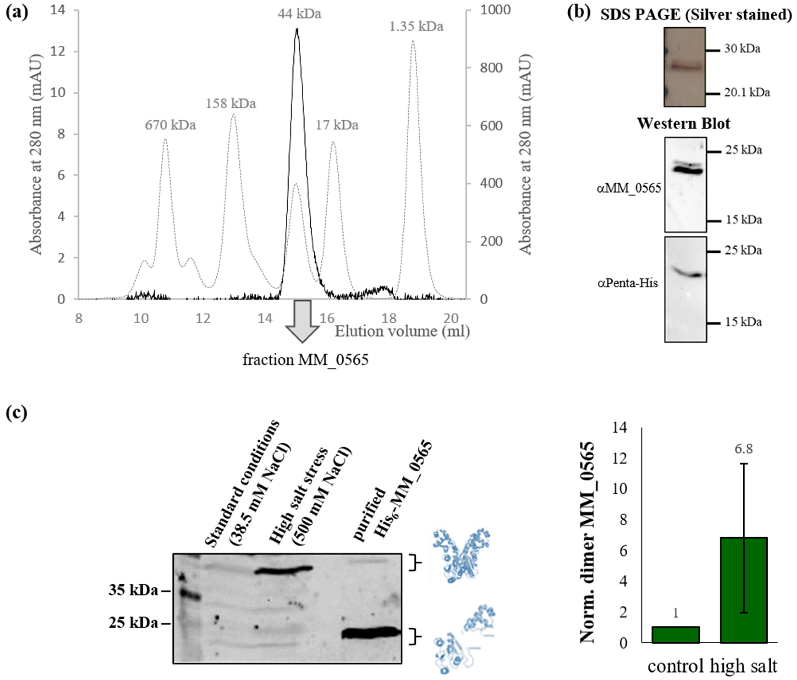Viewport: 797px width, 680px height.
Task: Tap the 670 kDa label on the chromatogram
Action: click(x=170, y=125)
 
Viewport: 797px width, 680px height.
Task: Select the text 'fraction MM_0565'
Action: click(x=305, y=360)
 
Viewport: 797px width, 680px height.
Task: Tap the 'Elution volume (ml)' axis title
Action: click(x=402, y=331)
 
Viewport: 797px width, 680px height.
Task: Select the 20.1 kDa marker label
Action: click(x=747, y=93)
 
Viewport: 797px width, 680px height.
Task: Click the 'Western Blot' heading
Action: click(x=684, y=124)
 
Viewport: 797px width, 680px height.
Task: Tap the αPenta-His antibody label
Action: click(x=628, y=283)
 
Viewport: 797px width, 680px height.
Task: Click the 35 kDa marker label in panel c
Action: click(x=133, y=590)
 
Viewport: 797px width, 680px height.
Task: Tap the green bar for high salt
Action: click(x=744, y=590)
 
